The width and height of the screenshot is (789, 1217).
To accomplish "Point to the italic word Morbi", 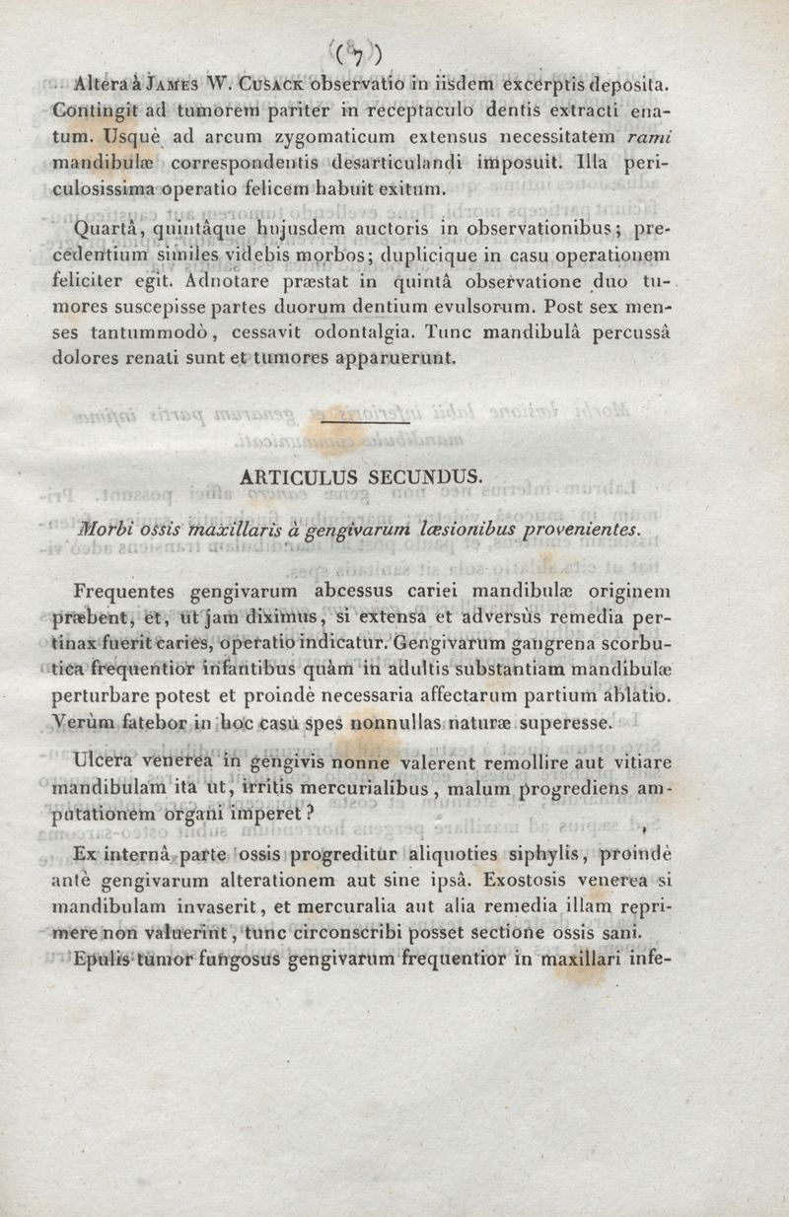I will pyautogui.click(x=107, y=530).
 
